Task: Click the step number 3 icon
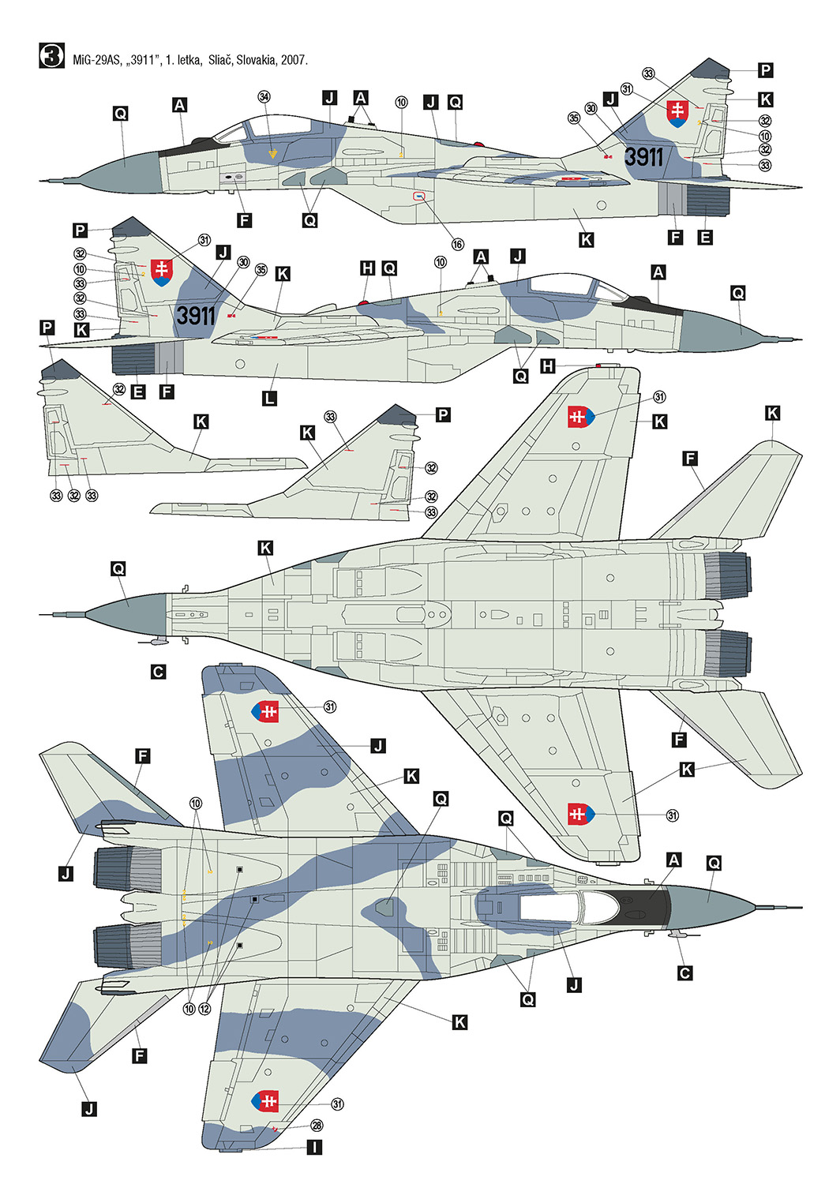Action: coord(51,55)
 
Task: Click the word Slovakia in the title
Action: coord(257,60)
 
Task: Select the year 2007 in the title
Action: coord(294,60)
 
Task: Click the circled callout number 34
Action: coord(264,97)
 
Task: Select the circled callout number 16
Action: coord(458,244)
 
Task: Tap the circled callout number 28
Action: coord(317,1126)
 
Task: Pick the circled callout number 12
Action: coord(204,1009)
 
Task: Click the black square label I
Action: coord(314,1146)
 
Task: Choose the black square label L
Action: coord(269,398)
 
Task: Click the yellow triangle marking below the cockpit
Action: coord(272,155)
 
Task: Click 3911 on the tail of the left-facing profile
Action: coord(643,157)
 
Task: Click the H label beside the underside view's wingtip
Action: coord(549,365)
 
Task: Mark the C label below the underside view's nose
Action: coord(158,672)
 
